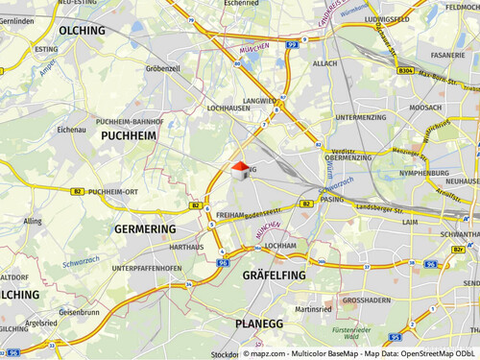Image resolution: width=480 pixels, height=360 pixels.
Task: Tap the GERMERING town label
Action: [145, 229]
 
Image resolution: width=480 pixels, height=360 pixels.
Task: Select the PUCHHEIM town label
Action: [129, 137]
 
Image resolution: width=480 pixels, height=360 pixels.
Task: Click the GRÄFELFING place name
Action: [274, 276]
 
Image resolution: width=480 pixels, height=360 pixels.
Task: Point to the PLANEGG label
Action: [259, 324]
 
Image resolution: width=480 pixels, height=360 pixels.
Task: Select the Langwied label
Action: [259, 100]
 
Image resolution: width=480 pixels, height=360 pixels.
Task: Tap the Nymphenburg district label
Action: [423, 174]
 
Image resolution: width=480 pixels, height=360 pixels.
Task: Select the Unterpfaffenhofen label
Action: [146, 268]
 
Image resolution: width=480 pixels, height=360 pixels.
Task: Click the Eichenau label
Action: [72, 129]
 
